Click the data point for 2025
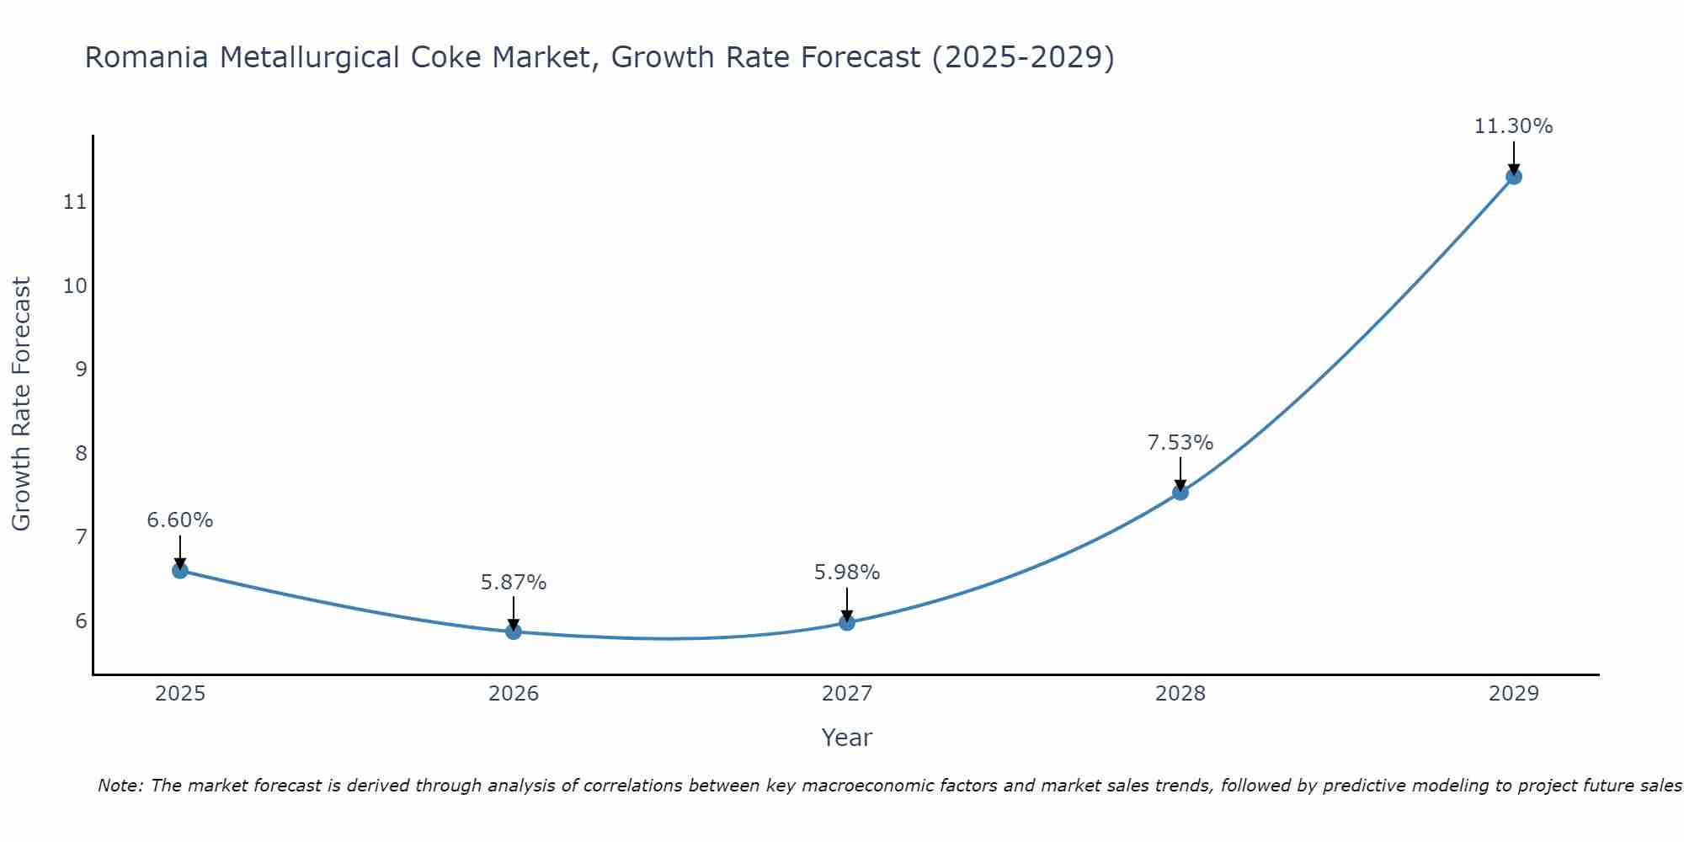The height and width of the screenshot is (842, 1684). [x=180, y=571]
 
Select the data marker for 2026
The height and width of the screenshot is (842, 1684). [x=514, y=631]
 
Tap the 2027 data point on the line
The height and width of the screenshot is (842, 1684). [x=847, y=623]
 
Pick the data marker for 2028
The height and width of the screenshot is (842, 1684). [x=1180, y=493]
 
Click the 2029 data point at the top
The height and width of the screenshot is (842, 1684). [x=1514, y=177]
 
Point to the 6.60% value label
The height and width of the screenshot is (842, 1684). [x=180, y=520]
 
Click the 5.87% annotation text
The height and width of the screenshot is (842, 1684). [x=514, y=583]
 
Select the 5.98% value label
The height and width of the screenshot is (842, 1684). [x=847, y=573]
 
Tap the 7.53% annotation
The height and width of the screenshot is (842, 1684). [x=1180, y=443]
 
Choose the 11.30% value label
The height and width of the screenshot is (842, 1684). [x=1513, y=126]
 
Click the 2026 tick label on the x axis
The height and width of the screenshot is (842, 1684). [x=514, y=694]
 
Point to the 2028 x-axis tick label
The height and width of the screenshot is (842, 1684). [x=1180, y=694]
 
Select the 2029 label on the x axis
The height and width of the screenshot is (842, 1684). [x=1514, y=694]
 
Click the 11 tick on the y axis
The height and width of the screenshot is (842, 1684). [x=75, y=202]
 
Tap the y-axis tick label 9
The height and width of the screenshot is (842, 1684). [x=81, y=370]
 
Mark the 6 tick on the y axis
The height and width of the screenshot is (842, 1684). [x=81, y=621]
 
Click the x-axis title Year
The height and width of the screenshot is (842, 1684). [x=847, y=738]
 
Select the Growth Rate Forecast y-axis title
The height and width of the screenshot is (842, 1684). [x=22, y=404]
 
